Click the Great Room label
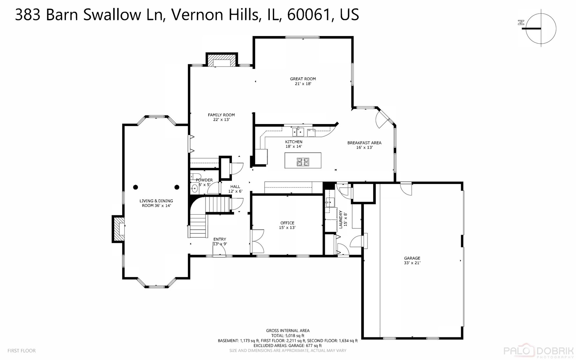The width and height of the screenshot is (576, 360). pos(302,79)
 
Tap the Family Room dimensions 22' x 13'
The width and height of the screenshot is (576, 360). pos(221,119)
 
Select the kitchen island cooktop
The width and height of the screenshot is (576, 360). pos(303,162)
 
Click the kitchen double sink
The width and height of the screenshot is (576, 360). pos(298,132)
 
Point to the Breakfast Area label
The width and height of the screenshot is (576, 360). pos(364,143)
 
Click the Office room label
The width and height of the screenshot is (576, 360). pos(287,223)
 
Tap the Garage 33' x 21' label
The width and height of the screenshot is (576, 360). pos(412,260)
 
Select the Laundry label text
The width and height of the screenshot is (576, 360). pos(341,219)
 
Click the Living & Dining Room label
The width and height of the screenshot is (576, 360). pos(156,203)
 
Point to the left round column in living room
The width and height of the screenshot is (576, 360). pos(135,187)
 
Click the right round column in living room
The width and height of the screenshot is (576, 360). pos(177,187)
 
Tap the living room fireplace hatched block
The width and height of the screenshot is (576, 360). pos(117,229)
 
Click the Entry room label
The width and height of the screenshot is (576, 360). pos(220,239)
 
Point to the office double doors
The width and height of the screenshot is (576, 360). pos(257,241)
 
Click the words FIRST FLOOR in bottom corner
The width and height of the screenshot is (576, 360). pos(21,351)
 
